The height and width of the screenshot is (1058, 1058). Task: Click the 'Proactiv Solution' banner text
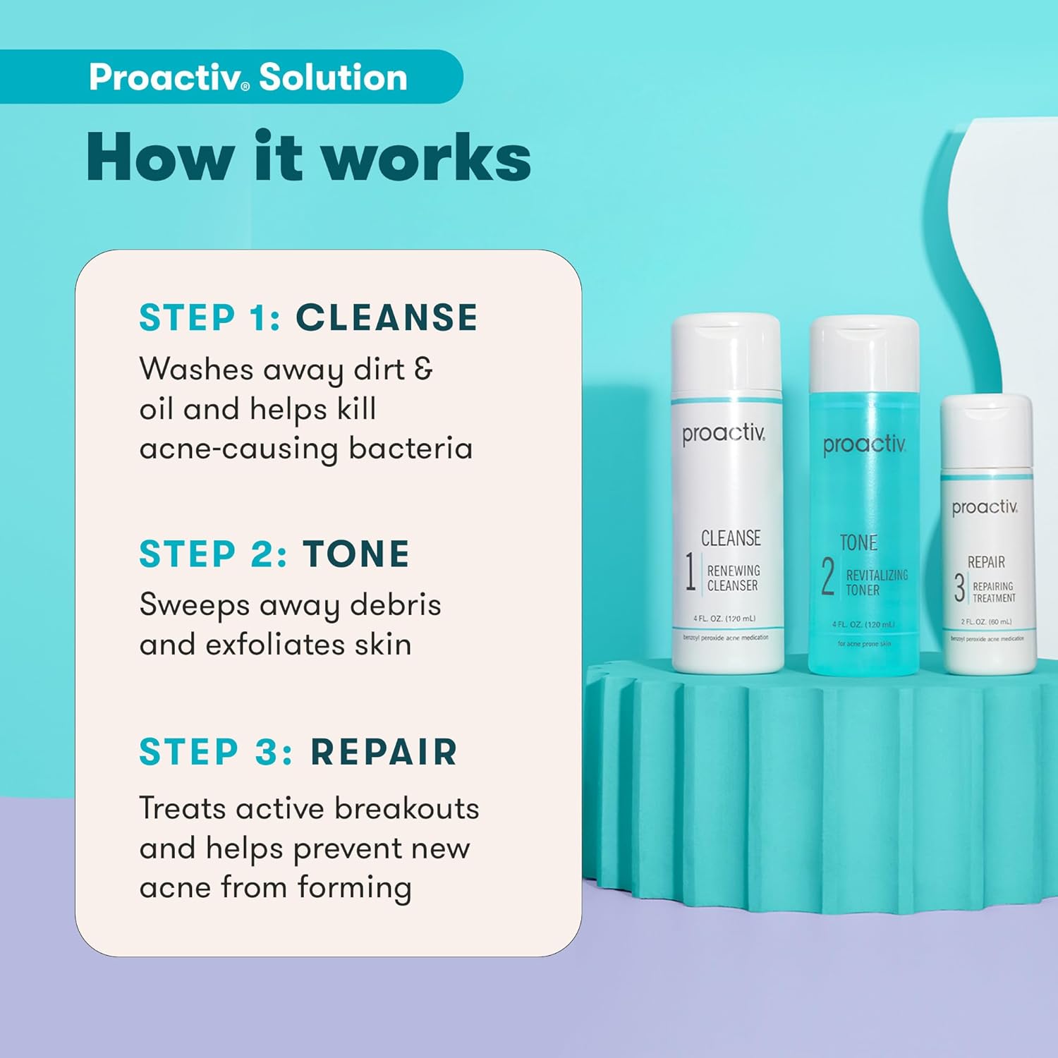(248, 77)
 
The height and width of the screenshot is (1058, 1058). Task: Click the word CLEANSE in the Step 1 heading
(387, 317)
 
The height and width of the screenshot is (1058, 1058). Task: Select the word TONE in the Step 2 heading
(356, 554)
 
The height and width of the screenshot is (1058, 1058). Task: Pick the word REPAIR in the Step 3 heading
(384, 752)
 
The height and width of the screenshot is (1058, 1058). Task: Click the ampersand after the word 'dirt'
(423, 369)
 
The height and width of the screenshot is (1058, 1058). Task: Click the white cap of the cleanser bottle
(726, 353)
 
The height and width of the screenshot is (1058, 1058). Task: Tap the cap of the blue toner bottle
(864, 353)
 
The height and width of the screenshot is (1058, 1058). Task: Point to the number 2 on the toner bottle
(828, 576)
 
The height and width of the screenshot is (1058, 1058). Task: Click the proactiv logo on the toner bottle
(863, 444)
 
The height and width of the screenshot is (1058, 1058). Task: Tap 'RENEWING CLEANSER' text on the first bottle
(734, 578)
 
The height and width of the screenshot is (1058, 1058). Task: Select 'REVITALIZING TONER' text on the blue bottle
(876, 583)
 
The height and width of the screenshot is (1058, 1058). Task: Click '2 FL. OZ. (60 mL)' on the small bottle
(986, 621)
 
